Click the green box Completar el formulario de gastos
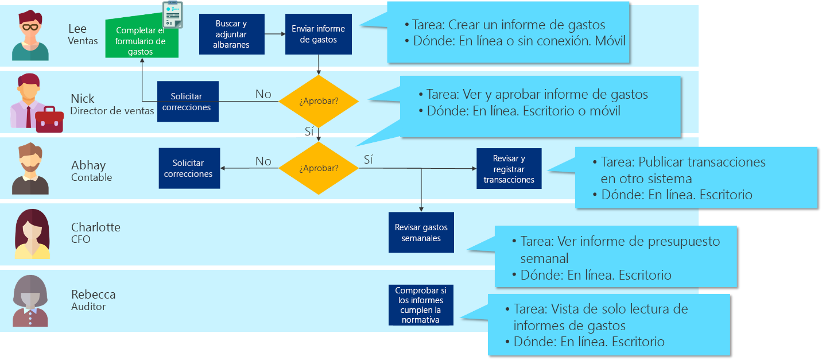tap(141, 40)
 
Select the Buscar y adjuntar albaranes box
tap(231, 34)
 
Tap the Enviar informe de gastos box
tap(319, 34)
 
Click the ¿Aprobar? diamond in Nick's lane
tap(319, 101)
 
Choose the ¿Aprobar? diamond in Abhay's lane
tap(319, 168)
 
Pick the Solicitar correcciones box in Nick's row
tap(187, 102)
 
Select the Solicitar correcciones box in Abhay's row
tap(189, 168)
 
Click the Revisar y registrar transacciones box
tap(509, 169)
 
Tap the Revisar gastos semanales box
tap(421, 233)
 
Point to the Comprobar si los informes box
tap(421, 305)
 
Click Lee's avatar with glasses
tap(30, 36)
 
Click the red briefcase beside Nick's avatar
tap(49, 119)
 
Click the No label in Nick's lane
tap(263, 94)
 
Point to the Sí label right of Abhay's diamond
tap(368, 160)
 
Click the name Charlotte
tap(95, 227)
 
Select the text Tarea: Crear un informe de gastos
tap(509, 25)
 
